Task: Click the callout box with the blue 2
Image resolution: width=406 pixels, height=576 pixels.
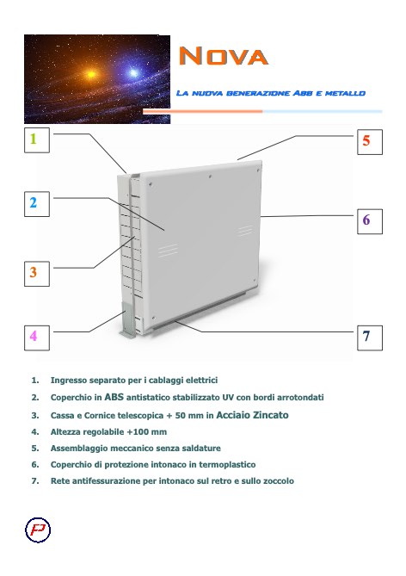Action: pos(34,203)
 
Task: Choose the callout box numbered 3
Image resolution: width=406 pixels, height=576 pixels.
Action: pos(34,271)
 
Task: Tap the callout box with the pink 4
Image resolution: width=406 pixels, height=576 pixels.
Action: pos(34,335)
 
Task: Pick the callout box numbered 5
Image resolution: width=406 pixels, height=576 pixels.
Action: pos(366,139)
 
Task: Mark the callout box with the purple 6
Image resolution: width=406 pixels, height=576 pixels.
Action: pos(366,220)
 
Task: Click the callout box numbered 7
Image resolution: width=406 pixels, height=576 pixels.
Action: pos(366,337)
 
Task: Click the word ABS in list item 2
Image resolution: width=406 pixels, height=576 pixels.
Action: pos(114,398)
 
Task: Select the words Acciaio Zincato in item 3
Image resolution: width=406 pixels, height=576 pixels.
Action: pos(257,414)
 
